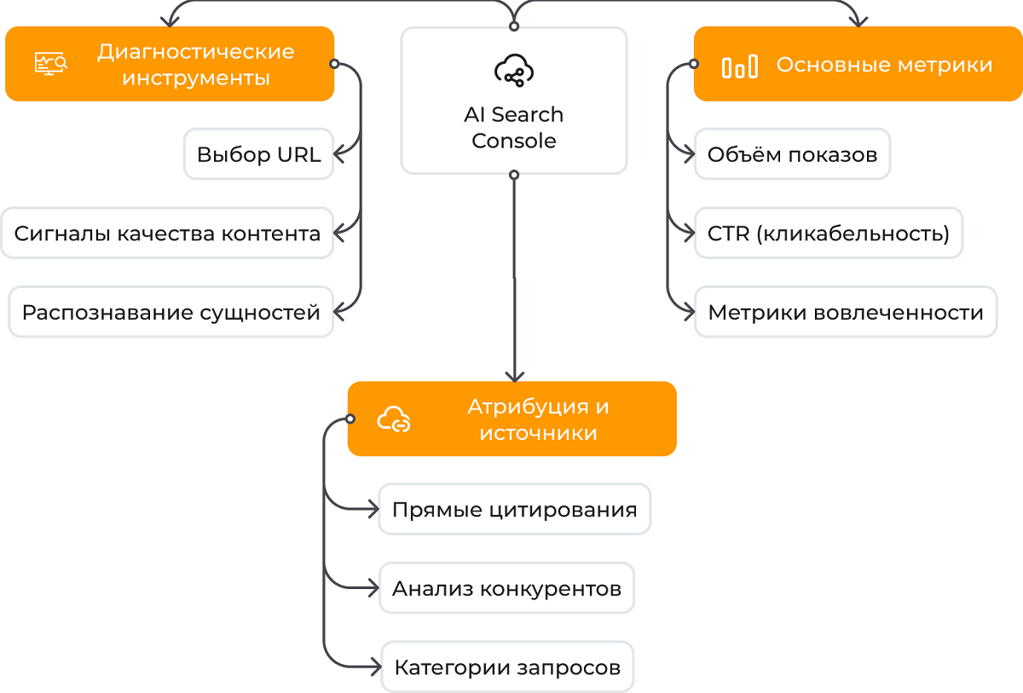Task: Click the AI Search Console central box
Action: [x=514, y=101]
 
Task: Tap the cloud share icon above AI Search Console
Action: [x=514, y=71]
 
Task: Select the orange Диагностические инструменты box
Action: [x=170, y=64]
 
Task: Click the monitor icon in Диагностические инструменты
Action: [x=51, y=64]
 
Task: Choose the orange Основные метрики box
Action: [x=858, y=65]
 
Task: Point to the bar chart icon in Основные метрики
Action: [x=739, y=66]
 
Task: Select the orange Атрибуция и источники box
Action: [x=511, y=419]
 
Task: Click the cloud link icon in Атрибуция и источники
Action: [x=395, y=419]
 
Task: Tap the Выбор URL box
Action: [x=258, y=154]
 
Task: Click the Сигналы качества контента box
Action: [x=167, y=234]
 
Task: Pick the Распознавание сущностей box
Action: [x=170, y=312]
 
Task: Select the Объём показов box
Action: [x=792, y=154]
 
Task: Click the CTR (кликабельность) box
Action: [x=828, y=233]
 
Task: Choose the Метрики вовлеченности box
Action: [x=845, y=312]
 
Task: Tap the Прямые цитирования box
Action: [x=514, y=510]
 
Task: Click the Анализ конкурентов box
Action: [x=506, y=588]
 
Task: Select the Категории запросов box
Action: [x=506, y=667]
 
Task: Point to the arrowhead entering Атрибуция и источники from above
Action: [x=514, y=375]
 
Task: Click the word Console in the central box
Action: [x=514, y=141]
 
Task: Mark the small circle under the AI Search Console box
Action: [x=514, y=175]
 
